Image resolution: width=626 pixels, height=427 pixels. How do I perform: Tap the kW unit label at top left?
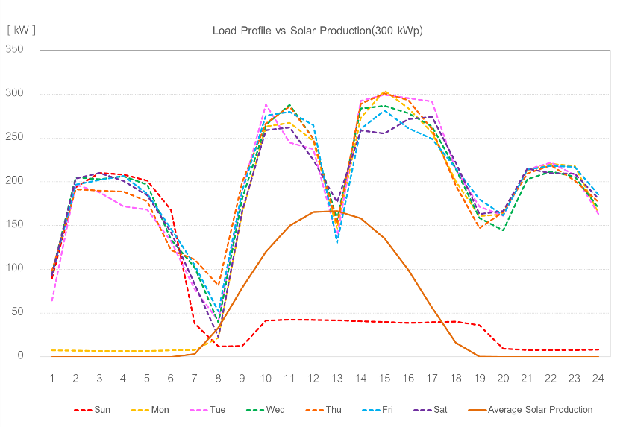pos(21,30)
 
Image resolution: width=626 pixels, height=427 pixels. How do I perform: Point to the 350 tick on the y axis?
pos(14,50)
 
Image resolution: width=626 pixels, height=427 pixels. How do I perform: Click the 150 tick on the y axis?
pos(14,225)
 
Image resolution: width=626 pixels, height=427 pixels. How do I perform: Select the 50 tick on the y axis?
pos(17,312)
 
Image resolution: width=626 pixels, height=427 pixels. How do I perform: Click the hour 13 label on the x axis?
pos(337,378)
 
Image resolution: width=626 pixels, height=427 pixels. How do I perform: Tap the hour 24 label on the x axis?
pos(598,378)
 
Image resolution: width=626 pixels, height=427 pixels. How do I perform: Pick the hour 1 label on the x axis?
pos(52,378)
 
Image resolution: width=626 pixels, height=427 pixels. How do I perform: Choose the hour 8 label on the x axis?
pos(218,378)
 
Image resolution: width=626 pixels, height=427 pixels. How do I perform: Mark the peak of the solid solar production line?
pos(325,212)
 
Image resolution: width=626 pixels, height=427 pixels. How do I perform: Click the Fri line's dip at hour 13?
pos(337,243)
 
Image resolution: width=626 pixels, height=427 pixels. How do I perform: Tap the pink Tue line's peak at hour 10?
pos(266,105)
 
